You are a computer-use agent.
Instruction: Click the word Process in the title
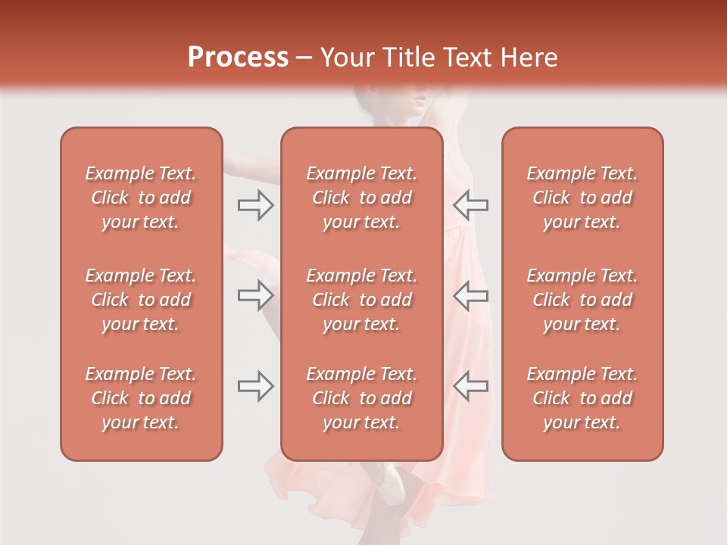[x=238, y=58]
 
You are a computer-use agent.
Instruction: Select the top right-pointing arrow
[x=255, y=204]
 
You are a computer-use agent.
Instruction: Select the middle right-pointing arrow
[x=255, y=295]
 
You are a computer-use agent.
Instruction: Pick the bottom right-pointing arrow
[x=255, y=386]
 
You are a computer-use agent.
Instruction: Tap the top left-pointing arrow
[x=471, y=204]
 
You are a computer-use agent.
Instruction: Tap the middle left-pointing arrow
[x=471, y=295]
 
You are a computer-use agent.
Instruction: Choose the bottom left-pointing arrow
[x=471, y=386]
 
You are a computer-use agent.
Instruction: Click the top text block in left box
[x=141, y=198]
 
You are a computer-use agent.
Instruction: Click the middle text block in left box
[x=141, y=300]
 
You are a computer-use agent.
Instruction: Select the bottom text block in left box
[x=141, y=398]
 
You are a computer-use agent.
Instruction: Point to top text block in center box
[x=361, y=198]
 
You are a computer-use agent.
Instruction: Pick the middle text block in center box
[x=361, y=300]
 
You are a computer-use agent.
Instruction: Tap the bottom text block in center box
[x=361, y=398]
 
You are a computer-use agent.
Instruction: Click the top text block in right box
[x=582, y=198]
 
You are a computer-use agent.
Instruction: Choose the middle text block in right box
[x=582, y=300]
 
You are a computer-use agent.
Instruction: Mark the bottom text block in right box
[x=582, y=398]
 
